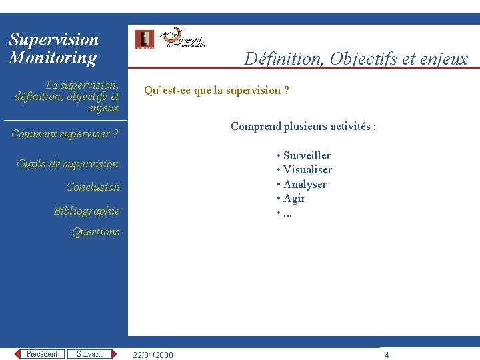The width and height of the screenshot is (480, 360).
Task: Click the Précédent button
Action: click(41, 354)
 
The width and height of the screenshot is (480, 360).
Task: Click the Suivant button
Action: click(89, 354)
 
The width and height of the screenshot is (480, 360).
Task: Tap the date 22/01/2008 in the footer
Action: click(153, 355)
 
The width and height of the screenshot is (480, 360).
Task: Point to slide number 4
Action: click(387, 355)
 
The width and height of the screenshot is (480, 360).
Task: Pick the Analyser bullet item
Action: click(305, 184)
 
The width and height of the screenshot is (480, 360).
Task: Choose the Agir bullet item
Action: click(294, 198)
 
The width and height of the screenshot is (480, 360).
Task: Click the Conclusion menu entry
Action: click(93, 187)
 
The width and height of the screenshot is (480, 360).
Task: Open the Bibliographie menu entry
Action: click(87, 211)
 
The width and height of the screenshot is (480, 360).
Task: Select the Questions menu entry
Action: click(95, 231)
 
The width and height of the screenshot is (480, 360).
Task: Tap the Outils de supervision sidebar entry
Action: click(67, 163)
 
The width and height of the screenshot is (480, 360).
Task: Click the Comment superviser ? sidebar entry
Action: click(65, 133)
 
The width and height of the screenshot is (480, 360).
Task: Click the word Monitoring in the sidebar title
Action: click(53, 57)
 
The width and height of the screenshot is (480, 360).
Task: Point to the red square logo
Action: click(144, 39)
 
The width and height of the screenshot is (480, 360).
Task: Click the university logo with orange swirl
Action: click(183, 38)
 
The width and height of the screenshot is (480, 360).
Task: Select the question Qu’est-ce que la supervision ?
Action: click(216, 90)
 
